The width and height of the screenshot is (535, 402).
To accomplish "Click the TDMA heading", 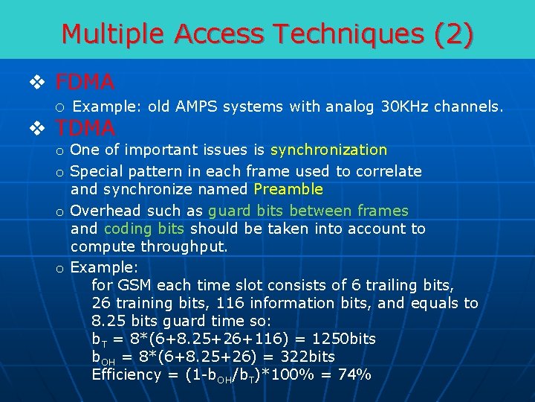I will [x=85, y=127].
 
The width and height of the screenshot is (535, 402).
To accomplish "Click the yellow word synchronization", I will [x=329, y=150].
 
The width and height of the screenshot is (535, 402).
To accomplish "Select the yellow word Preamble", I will [x=288, y=189].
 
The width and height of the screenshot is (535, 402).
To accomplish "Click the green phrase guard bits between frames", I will [x=308, y=211].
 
